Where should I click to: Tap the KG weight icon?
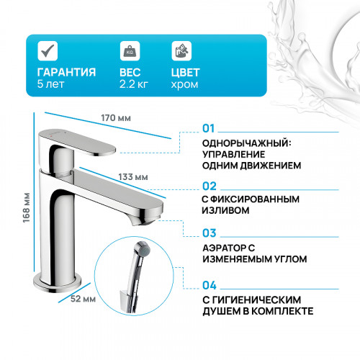(130, 52)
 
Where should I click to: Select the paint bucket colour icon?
(181, 52)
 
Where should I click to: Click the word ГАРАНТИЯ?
(66, 72)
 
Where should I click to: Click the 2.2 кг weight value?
(135, 84)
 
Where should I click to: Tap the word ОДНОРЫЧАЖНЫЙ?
(243, 142)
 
